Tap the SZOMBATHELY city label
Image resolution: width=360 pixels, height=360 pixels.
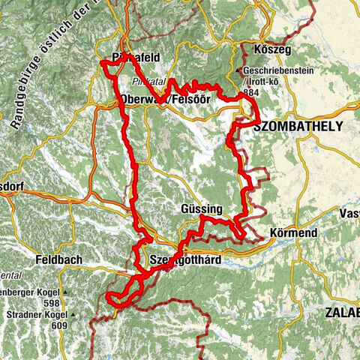pos(298,127)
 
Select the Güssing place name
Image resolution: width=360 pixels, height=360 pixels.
pos(202,208)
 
